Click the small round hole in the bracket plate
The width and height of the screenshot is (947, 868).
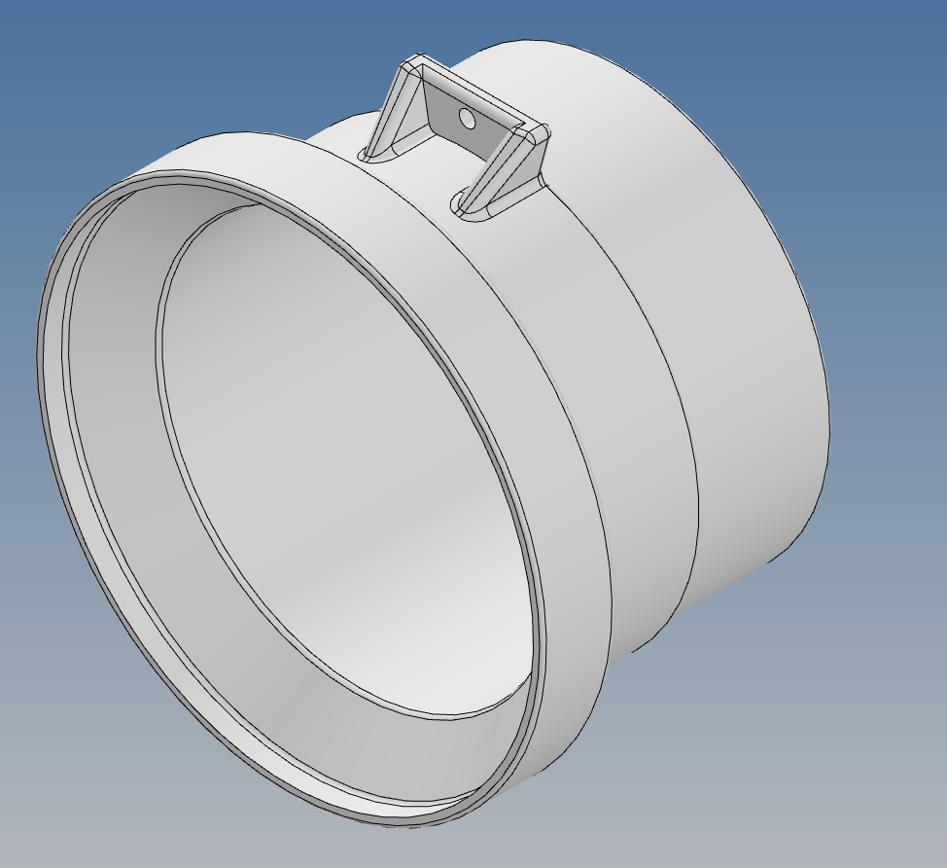467,119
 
